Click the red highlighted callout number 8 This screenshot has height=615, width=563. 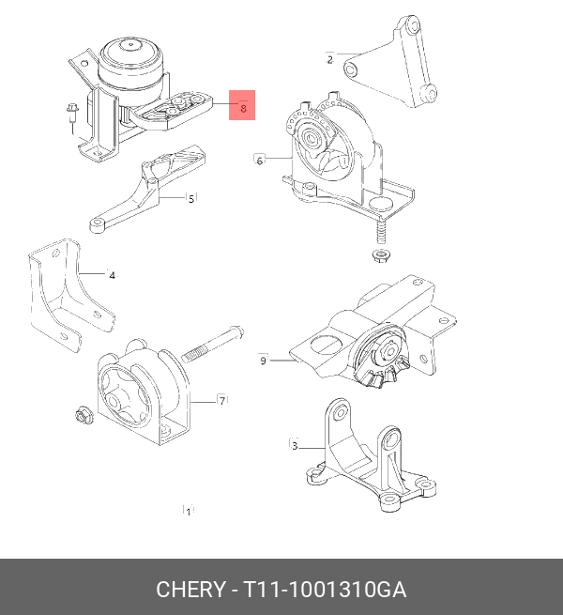point(243,108)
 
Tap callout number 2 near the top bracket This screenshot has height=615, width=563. point(329,59)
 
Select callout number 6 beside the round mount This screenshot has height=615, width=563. point(260,161)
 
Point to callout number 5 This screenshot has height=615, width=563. point(191,199)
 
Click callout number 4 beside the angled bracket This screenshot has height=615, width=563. point(112,275)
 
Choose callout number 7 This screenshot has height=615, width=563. point(221,401)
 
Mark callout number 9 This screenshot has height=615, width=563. point(263,360)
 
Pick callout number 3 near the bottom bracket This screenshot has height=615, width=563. point(295,446)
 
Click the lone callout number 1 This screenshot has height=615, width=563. point(189,512)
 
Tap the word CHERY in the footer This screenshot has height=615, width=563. point(190,590)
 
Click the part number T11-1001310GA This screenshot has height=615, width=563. point(325,590)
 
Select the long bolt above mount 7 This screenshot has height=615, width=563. point(213,344)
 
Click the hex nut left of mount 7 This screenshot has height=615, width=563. point(84,415)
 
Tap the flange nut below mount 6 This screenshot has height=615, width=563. point(380,255)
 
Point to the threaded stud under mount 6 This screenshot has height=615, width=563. point(380,233)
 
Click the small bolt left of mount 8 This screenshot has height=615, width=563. point(71,115)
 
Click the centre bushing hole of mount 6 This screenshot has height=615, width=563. point(312,138)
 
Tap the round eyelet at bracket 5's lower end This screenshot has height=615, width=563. point(98,224)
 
